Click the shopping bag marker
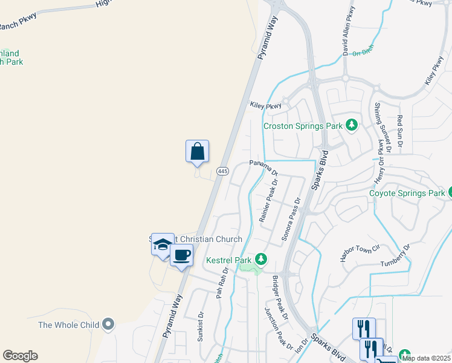point(198,151)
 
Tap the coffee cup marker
point(181,255)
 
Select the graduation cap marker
point(163,244)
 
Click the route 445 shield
point(222,171)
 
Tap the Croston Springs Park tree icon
point(350,126)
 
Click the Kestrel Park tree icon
point(260,260)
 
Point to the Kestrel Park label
point(228,260)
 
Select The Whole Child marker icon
point(109,325)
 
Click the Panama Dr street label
point(263,166)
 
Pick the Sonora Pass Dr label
point(289,220)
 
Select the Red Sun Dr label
point(399,128)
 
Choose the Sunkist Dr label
point(201,327)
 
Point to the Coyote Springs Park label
point(407,194)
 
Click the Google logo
point(20,356)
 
